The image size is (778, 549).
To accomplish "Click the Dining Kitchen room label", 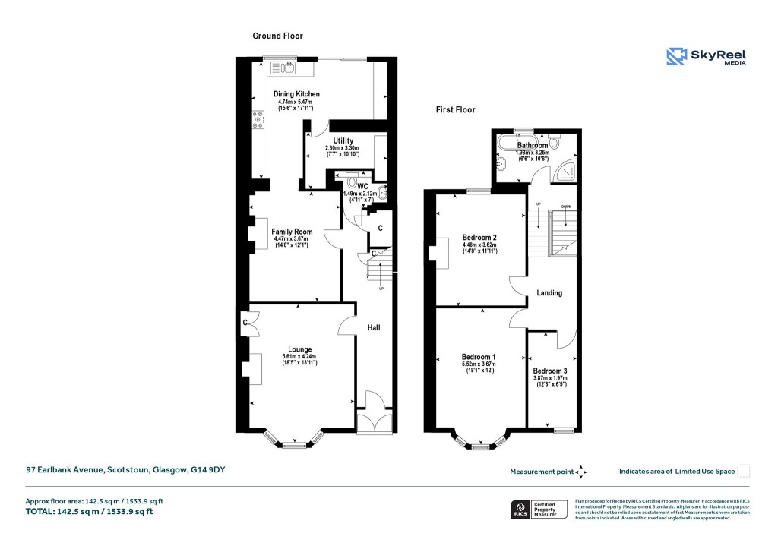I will tap(296, 94).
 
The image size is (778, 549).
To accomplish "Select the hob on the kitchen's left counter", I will tap(258, 119).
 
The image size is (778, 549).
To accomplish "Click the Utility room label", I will tap(338, 140).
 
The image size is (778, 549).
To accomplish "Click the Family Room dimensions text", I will tap(293, 242).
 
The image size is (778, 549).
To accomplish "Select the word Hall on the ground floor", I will tap(374, 328).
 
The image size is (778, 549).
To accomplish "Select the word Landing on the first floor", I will tap(549, 292).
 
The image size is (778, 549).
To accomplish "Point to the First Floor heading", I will tap(456, 110).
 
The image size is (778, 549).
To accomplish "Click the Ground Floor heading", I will tap(278, 36).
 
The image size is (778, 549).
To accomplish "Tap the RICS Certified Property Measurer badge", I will tap(539, 509).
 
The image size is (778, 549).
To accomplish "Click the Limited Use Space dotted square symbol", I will tap(744, 471).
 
